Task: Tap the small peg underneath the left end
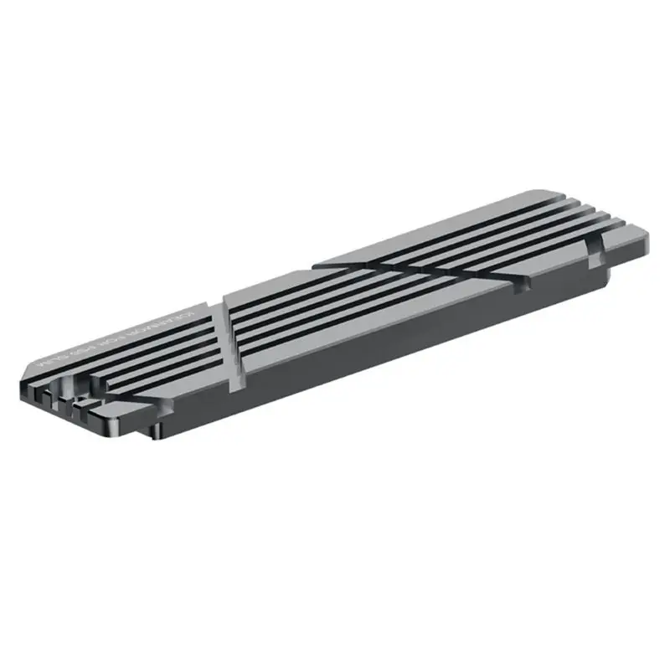click(x=152, y=430)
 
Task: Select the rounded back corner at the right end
click(x=544, y=194)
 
